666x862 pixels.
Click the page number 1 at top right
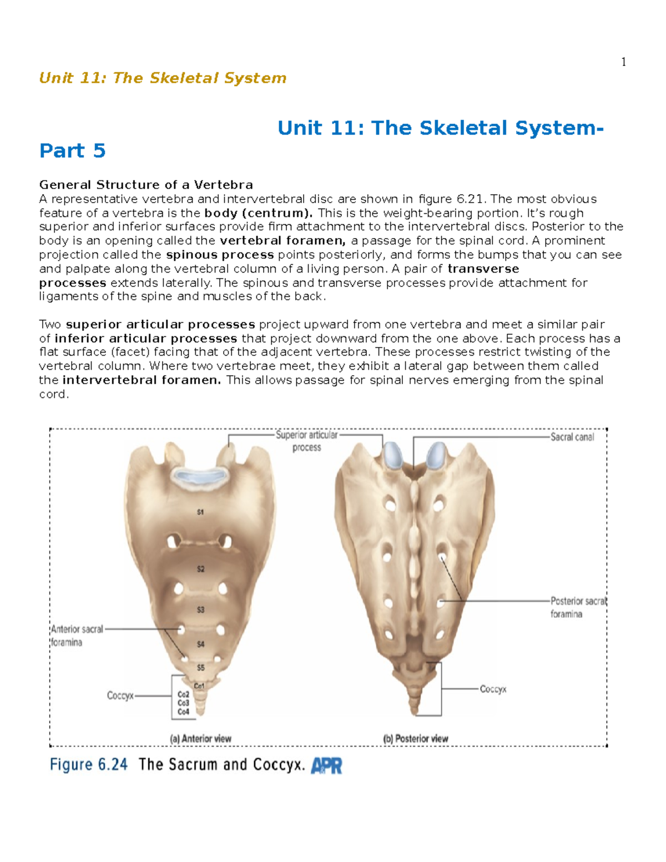click(x=624, y=62)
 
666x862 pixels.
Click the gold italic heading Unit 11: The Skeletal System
click(x=163, y=78)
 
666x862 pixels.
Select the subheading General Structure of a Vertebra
click(x=146, y=185)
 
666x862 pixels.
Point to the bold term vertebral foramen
click(x=282, y=241)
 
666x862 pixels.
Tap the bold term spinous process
click(x=220, y=255)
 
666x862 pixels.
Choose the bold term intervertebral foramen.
click(x=142, y=380)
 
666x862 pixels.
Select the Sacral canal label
click(x=572, y=437)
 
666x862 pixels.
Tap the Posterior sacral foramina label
click(x=578, y=607)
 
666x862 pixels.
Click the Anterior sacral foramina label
click(x=77, y=636)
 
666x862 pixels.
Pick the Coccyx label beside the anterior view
click(x=120, y=695)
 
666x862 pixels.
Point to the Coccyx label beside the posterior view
click(x=493, y=689)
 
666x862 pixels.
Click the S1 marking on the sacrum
click(x=200, y=512)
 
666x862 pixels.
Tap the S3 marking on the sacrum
click(x=200, y=609)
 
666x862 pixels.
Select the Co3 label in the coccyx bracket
click(x=183, y=703)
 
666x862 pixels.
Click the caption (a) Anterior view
click(x=200, y=739)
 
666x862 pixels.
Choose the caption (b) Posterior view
click(x=415, y=739)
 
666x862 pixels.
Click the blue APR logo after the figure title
click(x=326, y=766)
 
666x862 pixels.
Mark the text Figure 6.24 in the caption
click(x=89, y=765)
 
